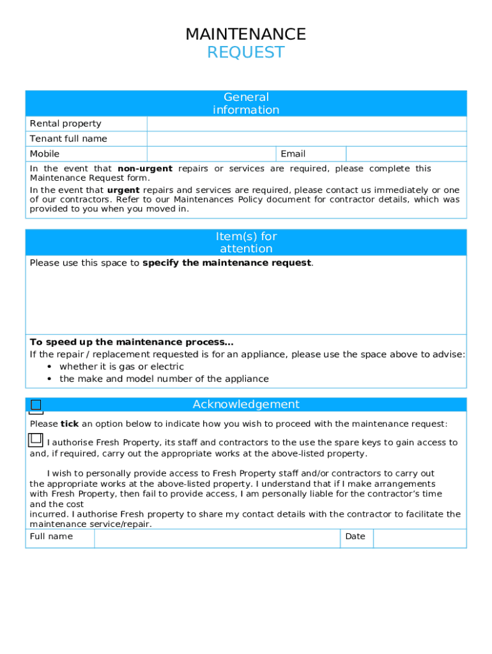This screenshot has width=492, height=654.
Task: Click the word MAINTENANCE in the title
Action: click(x=245, y=34)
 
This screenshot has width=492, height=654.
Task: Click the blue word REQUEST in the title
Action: click(x=245, y=52)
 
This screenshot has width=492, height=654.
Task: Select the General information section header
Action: click(x=246, y=103)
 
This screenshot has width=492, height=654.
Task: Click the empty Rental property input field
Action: click(x=307, y=124)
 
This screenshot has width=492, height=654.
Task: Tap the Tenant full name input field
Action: click(x=307, y=139)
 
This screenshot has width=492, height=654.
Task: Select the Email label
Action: click(x=293, y=154)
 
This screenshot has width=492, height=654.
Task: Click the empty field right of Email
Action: click(x=406, y=154)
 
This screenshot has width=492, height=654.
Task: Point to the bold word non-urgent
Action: click(x=145, y=169)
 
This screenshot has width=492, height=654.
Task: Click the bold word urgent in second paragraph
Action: click(x=123, y=190)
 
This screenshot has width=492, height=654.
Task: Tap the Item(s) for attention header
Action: click(x=246, y=243)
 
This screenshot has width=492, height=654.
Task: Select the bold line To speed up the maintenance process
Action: click(x=132, y=342)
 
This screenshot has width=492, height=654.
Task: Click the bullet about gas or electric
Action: click(x=121, y=367)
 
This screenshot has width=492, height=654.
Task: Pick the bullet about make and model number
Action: click(x=164, y=379)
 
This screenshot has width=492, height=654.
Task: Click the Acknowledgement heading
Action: click(x=246, y=404)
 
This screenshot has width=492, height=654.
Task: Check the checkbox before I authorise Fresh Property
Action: click(x=36, y=439)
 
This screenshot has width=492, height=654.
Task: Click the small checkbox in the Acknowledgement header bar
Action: click(x=36, y=405)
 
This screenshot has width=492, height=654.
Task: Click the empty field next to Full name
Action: click(x=217, y=538)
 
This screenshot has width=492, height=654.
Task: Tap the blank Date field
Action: click(x=419, y=538)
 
